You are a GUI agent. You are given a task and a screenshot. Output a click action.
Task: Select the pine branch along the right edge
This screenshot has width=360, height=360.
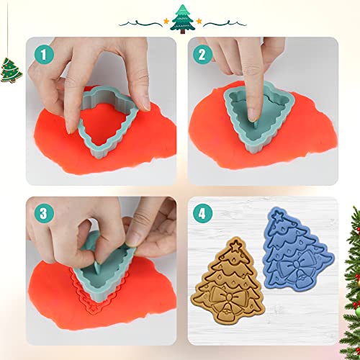pyautogui.click(x=352, y=274)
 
